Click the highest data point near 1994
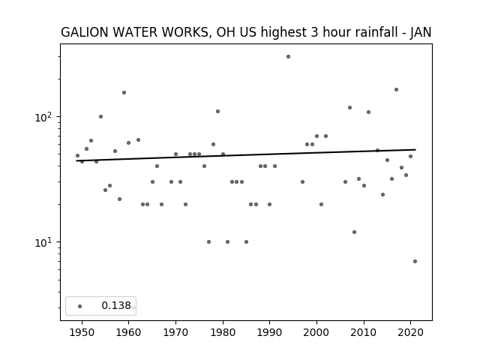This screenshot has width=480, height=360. (288, 57)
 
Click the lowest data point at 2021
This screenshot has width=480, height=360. (415, 262)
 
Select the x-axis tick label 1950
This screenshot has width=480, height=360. (82, 333)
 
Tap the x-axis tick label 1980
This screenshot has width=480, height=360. (223, 333)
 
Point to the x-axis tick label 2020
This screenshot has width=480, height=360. (410, 333)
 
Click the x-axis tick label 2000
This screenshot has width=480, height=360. (316, 333)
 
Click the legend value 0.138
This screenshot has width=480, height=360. (116, 305)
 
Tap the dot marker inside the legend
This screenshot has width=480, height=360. (79, 306)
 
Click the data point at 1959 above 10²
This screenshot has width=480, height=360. (124, 93)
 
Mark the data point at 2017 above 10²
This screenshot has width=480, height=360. (396, 90)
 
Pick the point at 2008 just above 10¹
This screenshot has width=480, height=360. (354, 232)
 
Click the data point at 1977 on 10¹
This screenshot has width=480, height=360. (208, 241)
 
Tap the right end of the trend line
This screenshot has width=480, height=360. (415, 150)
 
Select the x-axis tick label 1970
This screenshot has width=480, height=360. (175, 333)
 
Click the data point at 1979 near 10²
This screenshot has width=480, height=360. (217, 112)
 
